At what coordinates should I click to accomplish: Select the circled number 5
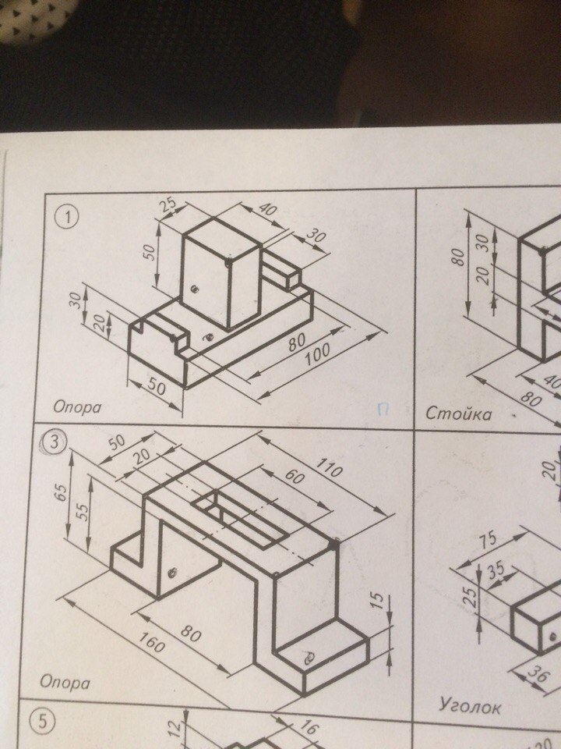point(42,721)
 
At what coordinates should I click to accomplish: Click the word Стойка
point(458,414)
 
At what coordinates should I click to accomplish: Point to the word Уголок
point(470,705)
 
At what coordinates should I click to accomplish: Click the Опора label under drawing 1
point(77,407)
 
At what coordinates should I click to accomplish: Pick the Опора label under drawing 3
point(65,682)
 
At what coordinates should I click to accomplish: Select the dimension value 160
point(151,642)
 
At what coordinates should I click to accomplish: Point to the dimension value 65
point(61,492)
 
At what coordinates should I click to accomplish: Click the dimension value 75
point(487,540)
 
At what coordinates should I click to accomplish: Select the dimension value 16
point(308,727)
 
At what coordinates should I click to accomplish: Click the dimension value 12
point(175,729)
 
